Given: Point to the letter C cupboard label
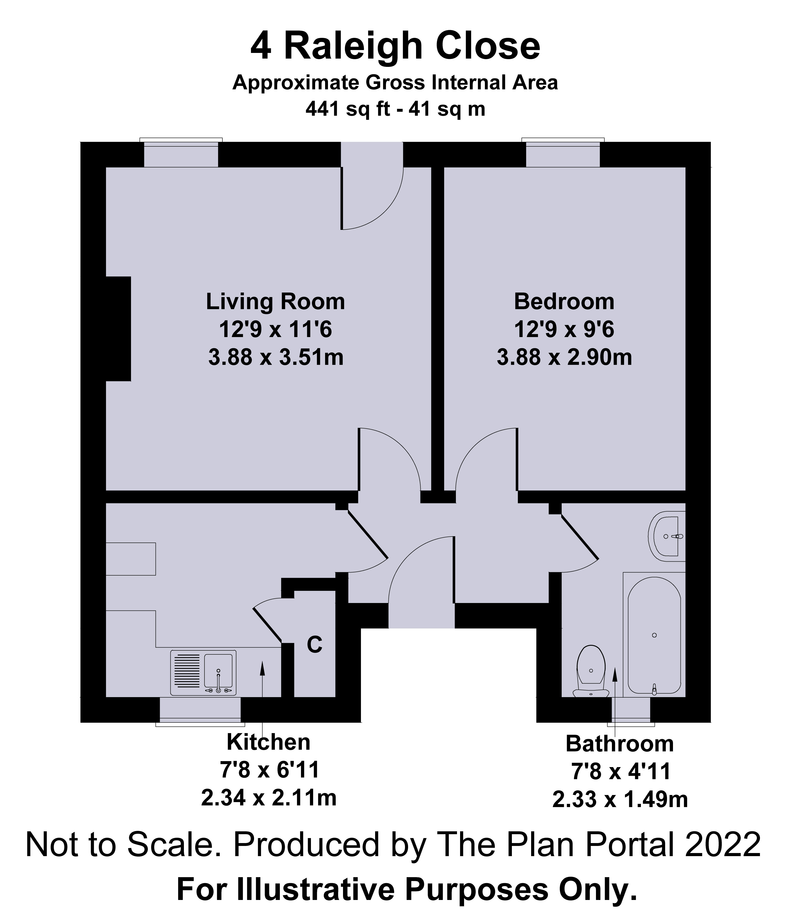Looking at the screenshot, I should tap(315, 645).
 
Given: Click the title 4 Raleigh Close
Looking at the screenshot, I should tap(395, 46).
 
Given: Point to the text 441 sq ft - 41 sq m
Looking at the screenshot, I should tap(395, 109).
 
